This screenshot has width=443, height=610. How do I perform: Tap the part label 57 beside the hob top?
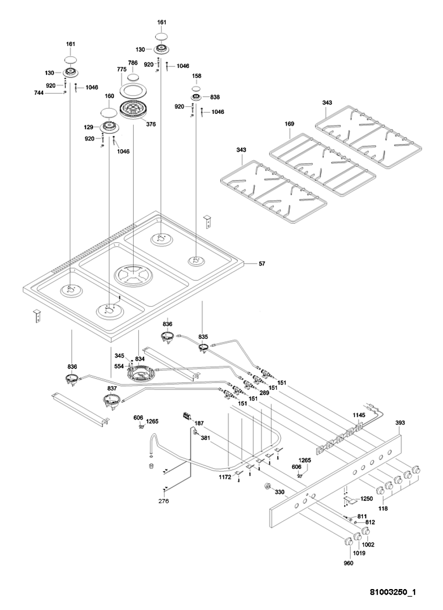point(262,264)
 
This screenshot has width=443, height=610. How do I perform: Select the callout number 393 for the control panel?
point(400,423)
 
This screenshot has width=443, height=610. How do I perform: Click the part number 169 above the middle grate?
point(290,124)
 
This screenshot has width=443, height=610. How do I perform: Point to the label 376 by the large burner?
point(151,124)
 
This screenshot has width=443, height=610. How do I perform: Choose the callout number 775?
point(122,70)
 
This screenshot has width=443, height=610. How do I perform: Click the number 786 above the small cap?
point(133,63)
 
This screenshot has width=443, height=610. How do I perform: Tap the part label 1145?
point(359,415)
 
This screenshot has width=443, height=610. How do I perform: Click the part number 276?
point(164,501)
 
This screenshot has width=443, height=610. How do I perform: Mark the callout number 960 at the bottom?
point(348,563)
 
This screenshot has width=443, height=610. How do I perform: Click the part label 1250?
point(367,499)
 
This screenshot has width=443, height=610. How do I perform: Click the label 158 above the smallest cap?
point(197,76)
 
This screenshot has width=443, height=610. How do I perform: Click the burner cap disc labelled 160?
point(109,112)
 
